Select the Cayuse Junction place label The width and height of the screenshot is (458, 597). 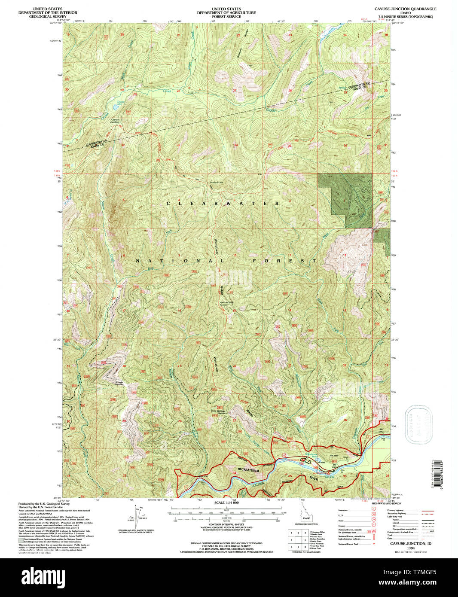click(115, 121)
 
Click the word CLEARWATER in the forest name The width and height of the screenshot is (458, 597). click(223, 203)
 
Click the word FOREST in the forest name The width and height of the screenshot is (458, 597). click(284, 261)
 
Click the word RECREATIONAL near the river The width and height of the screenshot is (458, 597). click(250, 470)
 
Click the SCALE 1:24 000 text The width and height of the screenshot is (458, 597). click(226, 503)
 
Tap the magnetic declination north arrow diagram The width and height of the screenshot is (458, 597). click(137, 518)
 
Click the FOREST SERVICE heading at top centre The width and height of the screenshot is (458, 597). click(226, 16)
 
